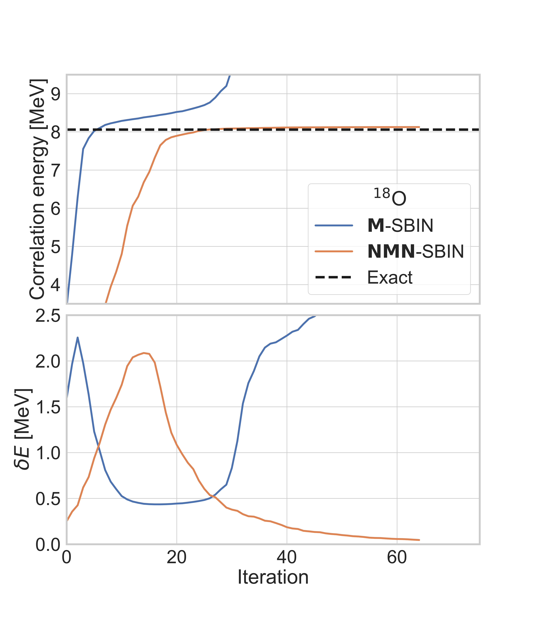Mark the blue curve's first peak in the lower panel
pyautogui.click(x=78, y=337)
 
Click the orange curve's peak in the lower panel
pyautogui.click(x=144, y=353)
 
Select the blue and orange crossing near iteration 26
pyautogui.click(x=212, y=496)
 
